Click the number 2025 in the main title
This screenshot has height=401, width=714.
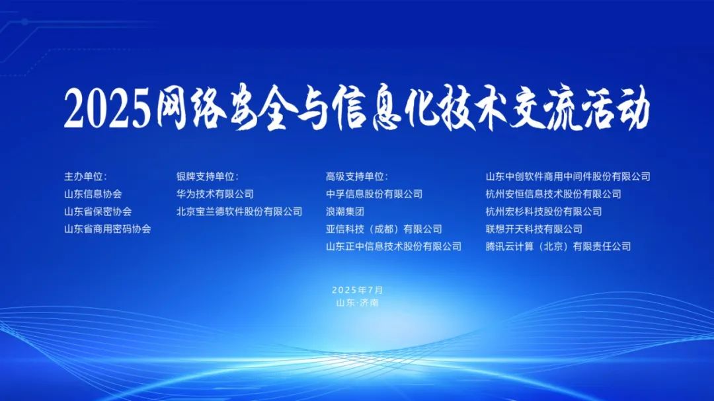[107, 108]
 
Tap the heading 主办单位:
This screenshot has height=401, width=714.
[85, 176]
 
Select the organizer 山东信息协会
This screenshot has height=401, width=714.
[93, 194]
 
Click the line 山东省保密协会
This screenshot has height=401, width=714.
[98, 211]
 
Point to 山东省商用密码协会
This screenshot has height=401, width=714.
[108, 229]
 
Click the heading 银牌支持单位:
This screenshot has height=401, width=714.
[207, 176]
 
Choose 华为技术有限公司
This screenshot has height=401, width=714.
[215, 194]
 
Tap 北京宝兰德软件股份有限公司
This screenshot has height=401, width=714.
[239, 211]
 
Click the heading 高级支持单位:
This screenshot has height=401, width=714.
[356, 176]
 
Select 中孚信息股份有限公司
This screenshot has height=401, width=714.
[374, 194]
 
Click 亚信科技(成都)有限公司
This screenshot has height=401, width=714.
[384, 229]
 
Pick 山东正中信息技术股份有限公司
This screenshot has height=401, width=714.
[394, 246]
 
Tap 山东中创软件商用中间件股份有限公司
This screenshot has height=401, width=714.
[568, 176]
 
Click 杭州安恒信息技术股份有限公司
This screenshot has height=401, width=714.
[553, 194]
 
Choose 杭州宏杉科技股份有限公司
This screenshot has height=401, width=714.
[543, 211]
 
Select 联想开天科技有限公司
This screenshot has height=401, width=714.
[534, 229]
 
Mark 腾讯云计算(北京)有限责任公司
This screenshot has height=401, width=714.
[558, 246]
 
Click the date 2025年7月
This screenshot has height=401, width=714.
[358, 290]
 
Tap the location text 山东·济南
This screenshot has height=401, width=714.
[358, 303]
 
